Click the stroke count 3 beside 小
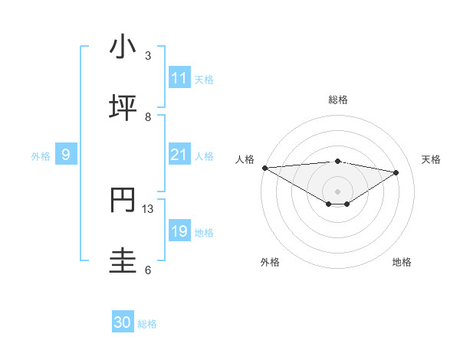tap(148, 56)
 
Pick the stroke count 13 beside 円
tap(148, 209)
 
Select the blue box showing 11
tap(179, 79)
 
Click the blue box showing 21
tap(179, 155)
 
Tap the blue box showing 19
tap(179, 232)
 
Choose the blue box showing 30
tap(123, 323)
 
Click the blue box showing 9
tap(66, 155)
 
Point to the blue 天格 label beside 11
tap(204, 80)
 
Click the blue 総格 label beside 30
tap(147, 324)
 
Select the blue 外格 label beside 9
tap(41, 156)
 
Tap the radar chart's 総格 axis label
tap(338, 100)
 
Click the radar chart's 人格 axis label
tap(244, 159)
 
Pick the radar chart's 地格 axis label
tap(402, 262)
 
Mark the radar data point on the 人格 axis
tap(264, 168)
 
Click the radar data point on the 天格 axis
tap(396, 172)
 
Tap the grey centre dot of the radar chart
tap(338, 191)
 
